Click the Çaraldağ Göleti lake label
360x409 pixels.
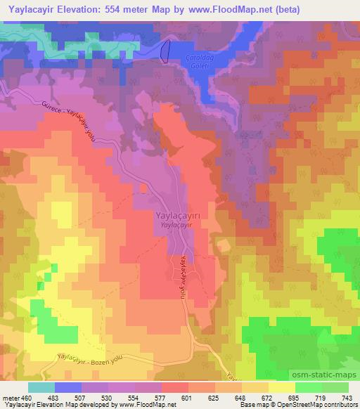pyautogui.click(x=188, y=61)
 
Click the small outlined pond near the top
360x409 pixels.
pyautogui.click(x=166, y=50)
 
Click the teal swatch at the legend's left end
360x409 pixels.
pyautogui.click(x=41, y=387)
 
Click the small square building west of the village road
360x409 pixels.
pyautogui.click(x=143, y=188)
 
